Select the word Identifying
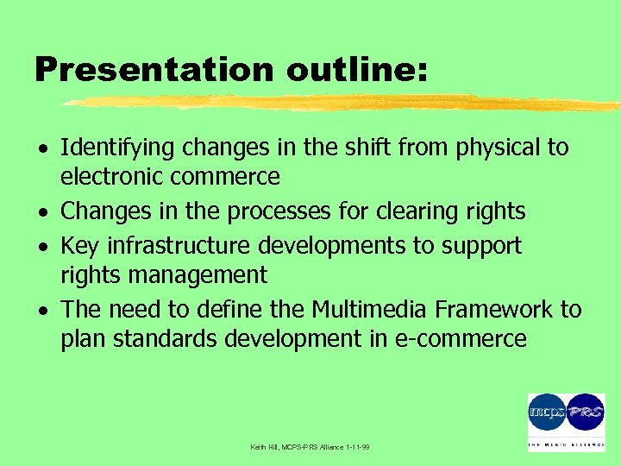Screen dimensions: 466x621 click(x=118, y=148)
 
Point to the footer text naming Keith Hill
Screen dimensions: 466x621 click(x=310, y=447)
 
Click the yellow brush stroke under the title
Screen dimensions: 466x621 click(x=345, y=104)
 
